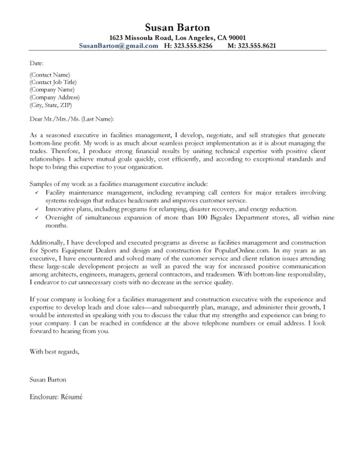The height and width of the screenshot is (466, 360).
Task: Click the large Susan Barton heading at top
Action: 178,27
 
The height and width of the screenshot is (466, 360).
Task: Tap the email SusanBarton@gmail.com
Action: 118,46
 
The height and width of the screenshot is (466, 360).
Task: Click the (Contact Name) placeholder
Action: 49,75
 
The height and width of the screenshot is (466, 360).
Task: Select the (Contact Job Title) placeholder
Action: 53,82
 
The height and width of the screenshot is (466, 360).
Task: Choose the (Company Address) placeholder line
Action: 54,97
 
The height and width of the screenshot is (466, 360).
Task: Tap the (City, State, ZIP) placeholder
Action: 50,105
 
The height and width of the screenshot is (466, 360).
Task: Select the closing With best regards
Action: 54,352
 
